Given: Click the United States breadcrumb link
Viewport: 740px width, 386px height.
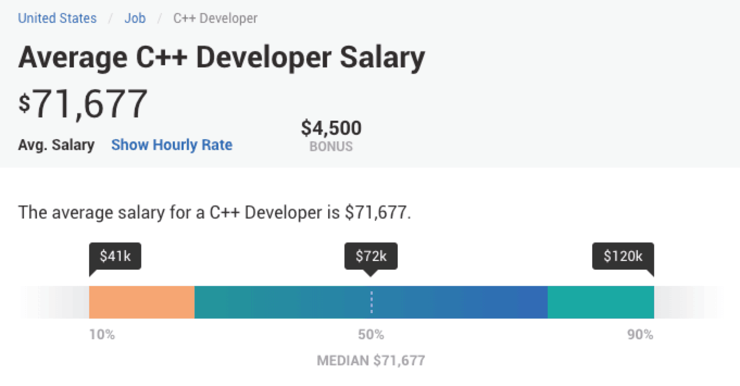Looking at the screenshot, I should pyautogui.click(x=57, y=18).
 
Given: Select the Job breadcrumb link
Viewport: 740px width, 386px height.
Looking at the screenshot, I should pyautogui.click(x=135, y=18).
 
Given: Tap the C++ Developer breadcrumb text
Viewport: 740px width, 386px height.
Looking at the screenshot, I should pyautogui.click(x=215, y=18).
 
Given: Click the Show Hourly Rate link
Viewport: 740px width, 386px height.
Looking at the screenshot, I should pyautogui.click(x=172, y=145).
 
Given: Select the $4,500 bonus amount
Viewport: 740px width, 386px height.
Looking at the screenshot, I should pyautogui.click(x=331, y=128).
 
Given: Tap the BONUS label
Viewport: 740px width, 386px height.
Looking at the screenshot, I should pyautogui.click(x=331, y=146).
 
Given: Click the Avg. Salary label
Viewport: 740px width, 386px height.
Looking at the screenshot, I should pyautogui.click(x=56, y=145).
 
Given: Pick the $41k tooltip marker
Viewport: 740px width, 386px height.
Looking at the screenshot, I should pyautogui.click(x=115, y=256).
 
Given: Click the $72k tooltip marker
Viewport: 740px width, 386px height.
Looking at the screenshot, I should pyautogui.click(x=371, y=256).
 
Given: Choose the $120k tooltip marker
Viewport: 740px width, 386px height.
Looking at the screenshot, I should pyautogui.click(x=623, y=256).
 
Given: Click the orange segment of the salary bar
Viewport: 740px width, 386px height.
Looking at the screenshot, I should pyautogui.click(x=142, y=302).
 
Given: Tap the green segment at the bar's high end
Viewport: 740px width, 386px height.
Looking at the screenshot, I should pyautogui.click(x=600, y=302).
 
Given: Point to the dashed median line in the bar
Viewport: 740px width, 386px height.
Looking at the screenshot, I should pyautogui.click(x=372, y=302).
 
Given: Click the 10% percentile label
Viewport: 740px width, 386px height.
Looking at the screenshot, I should pyautogui.click(x=102, y=335).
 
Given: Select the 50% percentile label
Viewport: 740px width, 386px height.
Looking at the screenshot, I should pyautogui.click(x=371, y=335).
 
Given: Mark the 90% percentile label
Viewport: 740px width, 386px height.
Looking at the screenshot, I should pyautogui.click(x=640, y=335).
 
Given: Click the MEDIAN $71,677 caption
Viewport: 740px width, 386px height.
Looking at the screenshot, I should pyautogui.click(x=371, y=360).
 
